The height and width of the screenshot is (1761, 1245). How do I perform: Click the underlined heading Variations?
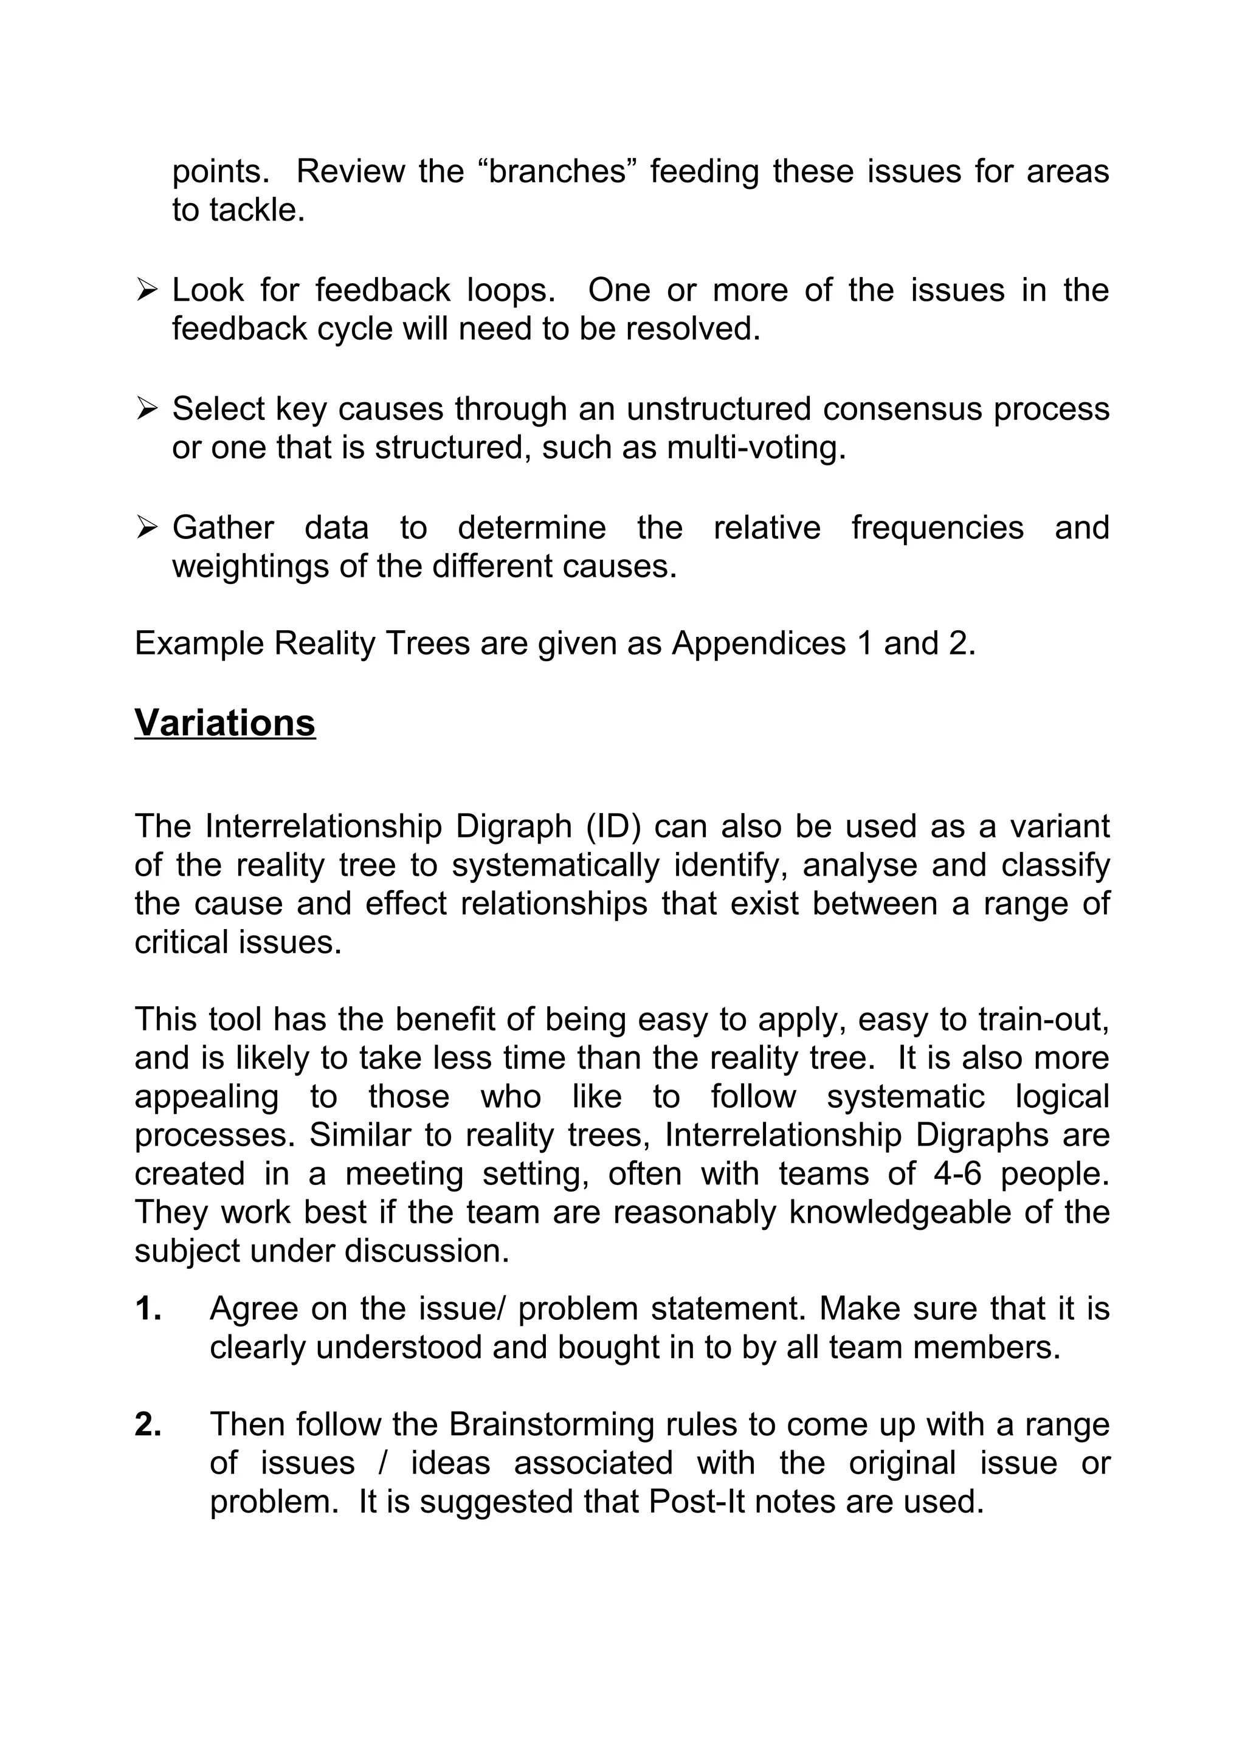225,723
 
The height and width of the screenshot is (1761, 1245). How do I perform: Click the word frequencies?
937,527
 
